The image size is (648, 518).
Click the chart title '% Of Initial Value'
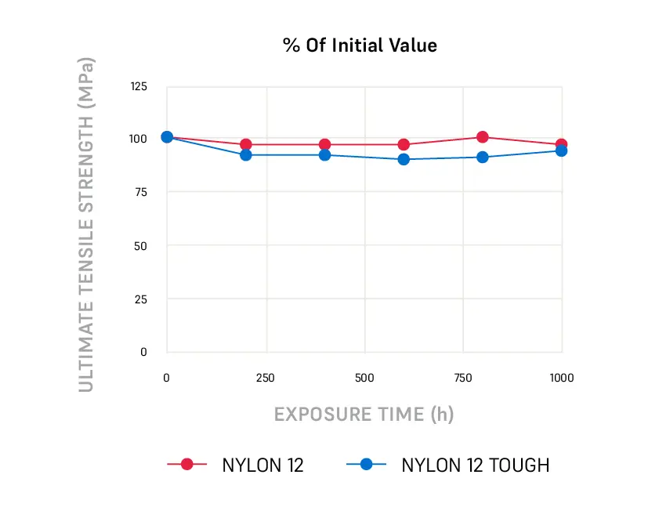[x=360, y=45]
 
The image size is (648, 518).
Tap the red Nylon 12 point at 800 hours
[x=483, y=137]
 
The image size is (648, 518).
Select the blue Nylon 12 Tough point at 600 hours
[x=404, y=159]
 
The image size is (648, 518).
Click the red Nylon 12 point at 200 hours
[x=245, y=144]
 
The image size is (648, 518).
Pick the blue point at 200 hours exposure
[x=245, y=155]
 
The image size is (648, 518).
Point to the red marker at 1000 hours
[x=562, y=144]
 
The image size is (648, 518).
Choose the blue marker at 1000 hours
[x=562, y=151]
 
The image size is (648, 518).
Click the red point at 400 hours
[x=324, y=144]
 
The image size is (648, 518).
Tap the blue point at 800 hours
[x=483, y=157]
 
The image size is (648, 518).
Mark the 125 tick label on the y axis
[x=138, y=85]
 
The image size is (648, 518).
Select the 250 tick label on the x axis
[x=265, y=378]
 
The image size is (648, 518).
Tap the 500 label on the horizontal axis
[x=364, y=378]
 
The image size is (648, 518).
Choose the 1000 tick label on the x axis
[x=561, y=378]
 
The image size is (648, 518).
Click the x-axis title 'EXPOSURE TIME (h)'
[x=364, y=414]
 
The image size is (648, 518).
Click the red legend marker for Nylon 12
[x=187, y=464]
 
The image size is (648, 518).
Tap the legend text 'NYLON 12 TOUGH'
[x=475, y=465]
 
